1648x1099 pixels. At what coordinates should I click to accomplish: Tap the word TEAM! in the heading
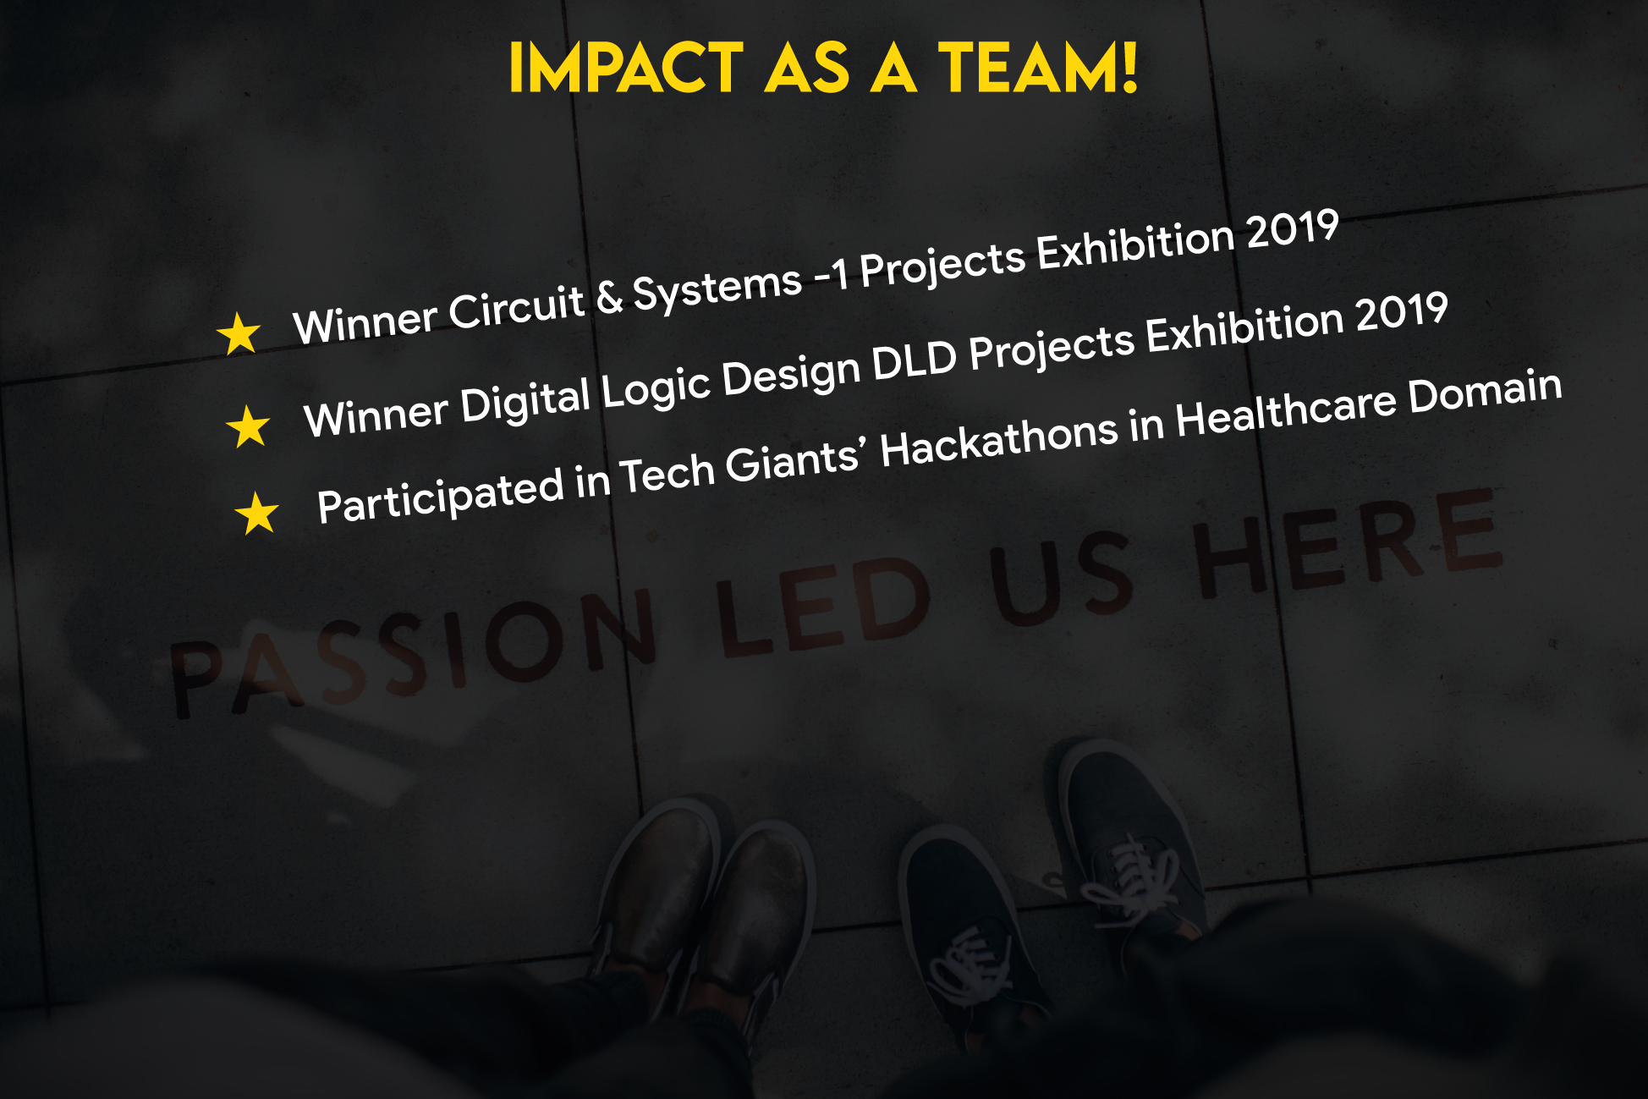click(1038, 68)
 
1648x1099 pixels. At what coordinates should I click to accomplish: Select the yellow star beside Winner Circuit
click(239, 333)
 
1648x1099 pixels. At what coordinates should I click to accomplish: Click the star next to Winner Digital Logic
click(249, 426)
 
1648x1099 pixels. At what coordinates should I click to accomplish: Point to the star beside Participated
click(257, 513)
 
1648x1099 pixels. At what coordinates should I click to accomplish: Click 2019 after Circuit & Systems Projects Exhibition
click(1293, 230)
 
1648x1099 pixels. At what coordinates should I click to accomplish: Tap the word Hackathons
click(1000, 440)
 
